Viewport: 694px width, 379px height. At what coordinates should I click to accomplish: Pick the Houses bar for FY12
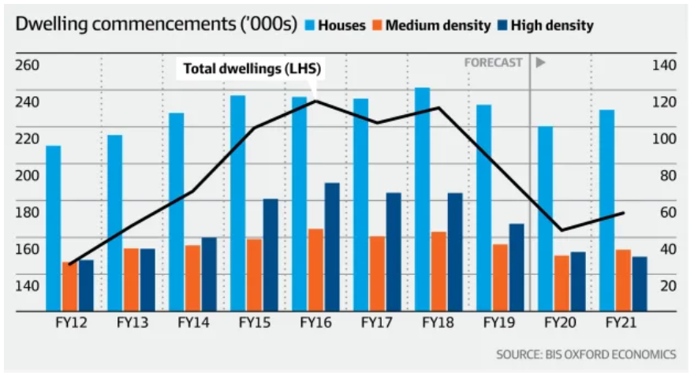[53, 229]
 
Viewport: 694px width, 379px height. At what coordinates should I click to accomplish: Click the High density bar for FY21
[640, 284]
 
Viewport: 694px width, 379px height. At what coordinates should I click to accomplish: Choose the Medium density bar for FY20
[562, 283]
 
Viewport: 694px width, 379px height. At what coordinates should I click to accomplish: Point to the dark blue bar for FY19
[517, 267]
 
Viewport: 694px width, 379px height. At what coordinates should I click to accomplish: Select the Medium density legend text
[438, 25]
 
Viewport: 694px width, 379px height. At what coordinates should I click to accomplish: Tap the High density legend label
[552, 25]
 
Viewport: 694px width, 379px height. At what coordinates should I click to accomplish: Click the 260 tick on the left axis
[28, 65]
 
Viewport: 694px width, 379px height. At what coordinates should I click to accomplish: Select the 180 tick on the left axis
[28, 212]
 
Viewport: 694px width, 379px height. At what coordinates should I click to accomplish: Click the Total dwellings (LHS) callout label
[252, 69]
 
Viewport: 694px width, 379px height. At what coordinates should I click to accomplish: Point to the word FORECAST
[493, 63]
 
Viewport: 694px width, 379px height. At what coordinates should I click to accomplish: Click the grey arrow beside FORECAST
[541, 63]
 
